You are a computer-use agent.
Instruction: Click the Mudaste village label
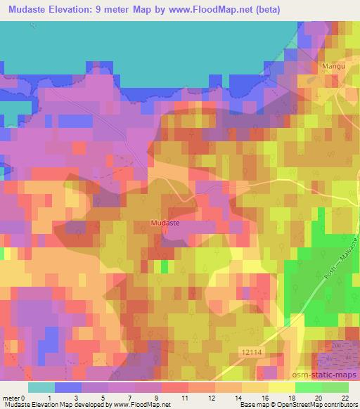point(165,223)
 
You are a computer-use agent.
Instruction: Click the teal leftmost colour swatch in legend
point(41,387)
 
